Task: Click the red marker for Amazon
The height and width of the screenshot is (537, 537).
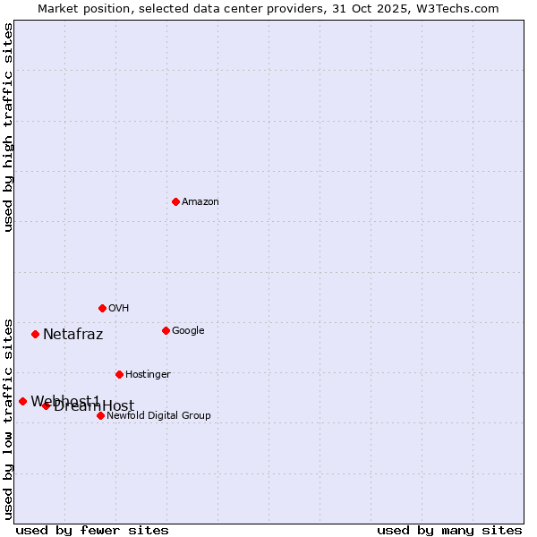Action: click(175, 201)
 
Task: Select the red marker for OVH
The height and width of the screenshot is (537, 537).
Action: click(102, 308)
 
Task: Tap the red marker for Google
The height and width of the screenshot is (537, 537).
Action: click(166, 330)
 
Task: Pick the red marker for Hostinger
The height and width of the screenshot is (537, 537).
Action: click(119, 374)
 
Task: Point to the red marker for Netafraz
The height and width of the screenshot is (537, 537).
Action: click(35, 334)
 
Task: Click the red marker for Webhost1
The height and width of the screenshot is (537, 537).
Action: click(22, 401)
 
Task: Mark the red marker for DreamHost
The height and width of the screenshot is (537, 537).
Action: click(46, 405)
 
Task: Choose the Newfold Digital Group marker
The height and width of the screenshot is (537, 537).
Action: click(100, 415)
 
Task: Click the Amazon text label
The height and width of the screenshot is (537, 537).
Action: click(200, 201)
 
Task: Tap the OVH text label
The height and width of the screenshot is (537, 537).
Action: click(119, 308)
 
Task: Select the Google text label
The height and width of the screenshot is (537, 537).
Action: click(188, 330)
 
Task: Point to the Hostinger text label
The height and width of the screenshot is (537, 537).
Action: click(148, 374)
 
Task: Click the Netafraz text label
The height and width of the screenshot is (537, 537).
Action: click(72, 335)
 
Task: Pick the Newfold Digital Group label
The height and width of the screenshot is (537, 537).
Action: click(158, 415)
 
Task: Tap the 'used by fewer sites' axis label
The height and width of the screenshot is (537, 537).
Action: click(92, 530)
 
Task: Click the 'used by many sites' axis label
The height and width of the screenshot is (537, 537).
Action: click(449, 530)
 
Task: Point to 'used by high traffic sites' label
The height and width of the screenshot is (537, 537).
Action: click(9, 127)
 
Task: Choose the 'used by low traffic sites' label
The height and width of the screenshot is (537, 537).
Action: click(9, 418)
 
